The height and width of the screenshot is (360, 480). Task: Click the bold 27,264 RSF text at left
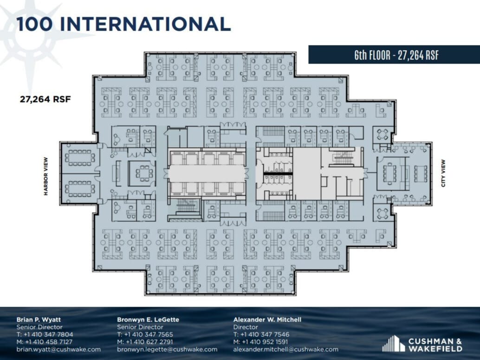coord(45,99)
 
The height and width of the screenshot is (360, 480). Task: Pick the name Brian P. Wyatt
coord(38,320)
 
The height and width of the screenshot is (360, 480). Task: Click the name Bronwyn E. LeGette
coord(148,320)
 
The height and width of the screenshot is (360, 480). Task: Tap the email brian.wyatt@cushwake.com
coord(58,349)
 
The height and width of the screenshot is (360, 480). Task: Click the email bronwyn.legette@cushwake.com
coord(167,349)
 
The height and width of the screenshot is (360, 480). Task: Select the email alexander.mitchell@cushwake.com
coord(285,349)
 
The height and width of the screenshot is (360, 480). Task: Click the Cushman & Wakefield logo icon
coord(393,343)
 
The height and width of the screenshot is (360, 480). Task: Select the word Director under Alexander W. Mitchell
coord(245,327)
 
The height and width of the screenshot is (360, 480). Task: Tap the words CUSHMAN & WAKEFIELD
coord(435,345)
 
